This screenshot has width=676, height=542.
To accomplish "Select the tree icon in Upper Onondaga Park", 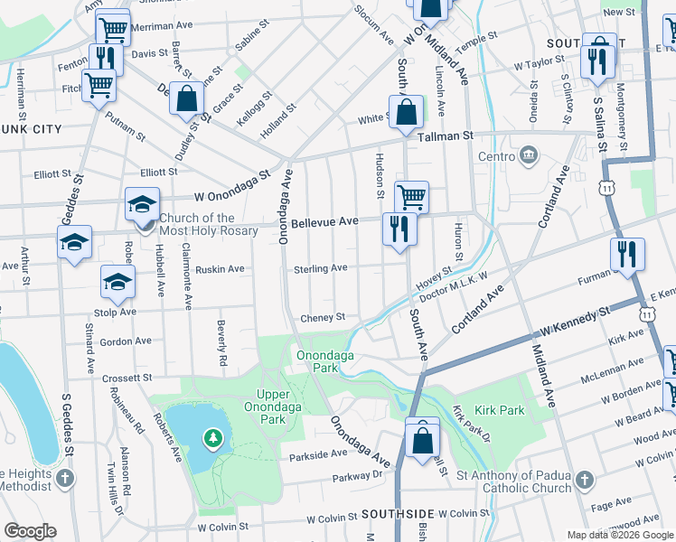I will click(x=213, y=438).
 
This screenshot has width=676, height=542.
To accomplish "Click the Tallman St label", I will click(x=446, y=135).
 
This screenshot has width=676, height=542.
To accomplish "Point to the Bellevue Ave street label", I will click(x=324, y=221).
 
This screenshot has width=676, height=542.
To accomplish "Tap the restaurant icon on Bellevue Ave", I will click(x=398, y=229).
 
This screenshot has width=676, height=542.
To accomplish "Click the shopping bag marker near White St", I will click(x=408, y=113).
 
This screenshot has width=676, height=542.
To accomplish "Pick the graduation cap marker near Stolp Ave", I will click(x=117, y=282).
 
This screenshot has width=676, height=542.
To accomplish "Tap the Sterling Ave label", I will click(x=320, y=268).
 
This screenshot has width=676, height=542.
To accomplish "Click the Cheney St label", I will click(x=323, y=317).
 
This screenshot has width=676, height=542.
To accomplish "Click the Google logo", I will click(x=30, y=531).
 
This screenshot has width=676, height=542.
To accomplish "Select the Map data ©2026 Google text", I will click(x=619, y=535).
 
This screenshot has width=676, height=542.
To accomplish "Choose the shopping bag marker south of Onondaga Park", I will click(x=423, y=440).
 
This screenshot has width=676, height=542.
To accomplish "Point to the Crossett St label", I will click(x=126, y=378).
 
